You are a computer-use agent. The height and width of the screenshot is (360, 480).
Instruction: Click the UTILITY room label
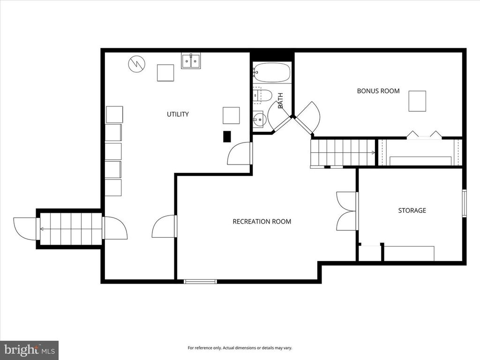178,114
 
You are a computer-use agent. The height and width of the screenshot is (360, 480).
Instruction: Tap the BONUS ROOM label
378,90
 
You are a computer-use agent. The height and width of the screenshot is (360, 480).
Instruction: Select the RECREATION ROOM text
262,221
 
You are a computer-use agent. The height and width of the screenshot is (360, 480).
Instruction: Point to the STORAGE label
412,210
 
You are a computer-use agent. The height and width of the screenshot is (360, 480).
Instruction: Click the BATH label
280,100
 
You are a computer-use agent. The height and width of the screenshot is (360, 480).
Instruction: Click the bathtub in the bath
271,72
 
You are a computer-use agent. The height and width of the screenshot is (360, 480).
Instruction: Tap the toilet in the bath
262,96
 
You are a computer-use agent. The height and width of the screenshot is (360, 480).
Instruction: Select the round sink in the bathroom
259,120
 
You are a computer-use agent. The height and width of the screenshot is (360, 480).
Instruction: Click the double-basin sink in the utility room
191,61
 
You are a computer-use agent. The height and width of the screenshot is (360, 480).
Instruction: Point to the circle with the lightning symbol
136,64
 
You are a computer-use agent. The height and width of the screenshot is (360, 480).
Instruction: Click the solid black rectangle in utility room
227,136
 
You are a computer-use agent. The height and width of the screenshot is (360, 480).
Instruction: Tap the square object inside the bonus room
417,101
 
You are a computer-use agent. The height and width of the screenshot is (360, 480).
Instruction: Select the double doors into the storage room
347,211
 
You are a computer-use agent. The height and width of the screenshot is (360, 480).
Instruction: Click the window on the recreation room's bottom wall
200,281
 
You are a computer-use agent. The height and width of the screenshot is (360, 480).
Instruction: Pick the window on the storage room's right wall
464,203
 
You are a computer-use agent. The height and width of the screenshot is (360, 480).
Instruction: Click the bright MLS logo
29,350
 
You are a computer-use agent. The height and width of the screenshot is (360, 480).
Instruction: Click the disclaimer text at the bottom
240,348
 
